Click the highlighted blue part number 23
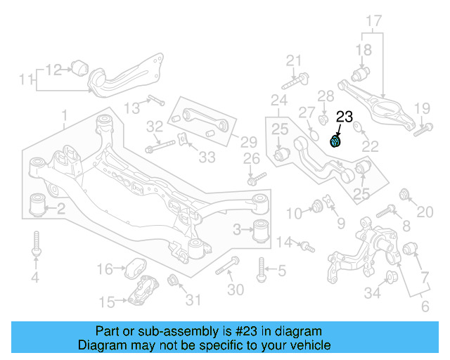pos(336,141)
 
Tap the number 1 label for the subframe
pos(64,115)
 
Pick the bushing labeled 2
pos(39,204)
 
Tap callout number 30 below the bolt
pos(236,289)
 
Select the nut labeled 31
pos(174,283)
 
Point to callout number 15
pos(107,302)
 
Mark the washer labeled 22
pos(357,127)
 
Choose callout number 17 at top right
pos(373,20)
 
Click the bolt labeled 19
pos(421,129)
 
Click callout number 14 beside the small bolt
pos(283,243)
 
